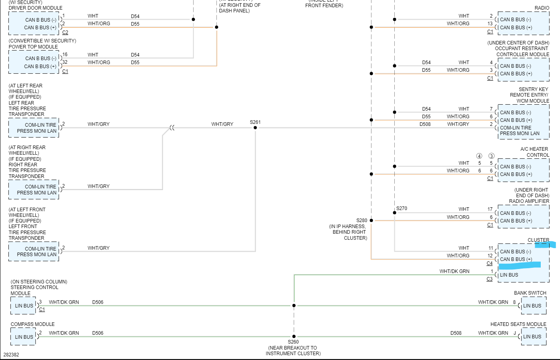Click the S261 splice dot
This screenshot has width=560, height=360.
pyautogui.click(x=255, y=128)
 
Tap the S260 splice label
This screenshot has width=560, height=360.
pyautogui.click(x=293, y=342)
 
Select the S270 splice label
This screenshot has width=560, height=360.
pyautogui.click(x=402, y=208)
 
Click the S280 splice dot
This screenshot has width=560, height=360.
pyautogui.click(x=371, y=220)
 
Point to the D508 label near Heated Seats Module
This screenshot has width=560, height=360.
pyautogui.click(x=456, y=333)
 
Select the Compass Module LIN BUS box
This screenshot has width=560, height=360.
pyautogui.click(x=24, y=337)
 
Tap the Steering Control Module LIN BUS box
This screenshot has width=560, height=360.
pyautogui.click(x=24, y=306)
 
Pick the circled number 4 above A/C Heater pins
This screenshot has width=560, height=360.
pyautogui.click(x=479, y=156)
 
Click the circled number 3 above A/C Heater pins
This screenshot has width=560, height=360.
pyautogui.click(x=491, y=156)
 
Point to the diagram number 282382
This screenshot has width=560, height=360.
pyautogui.click(x=11, y=355)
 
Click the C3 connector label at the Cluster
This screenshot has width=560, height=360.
pyautogui.click(x=489, y=279)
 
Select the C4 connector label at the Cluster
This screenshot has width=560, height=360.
pyautogui.click(x=489, y=263)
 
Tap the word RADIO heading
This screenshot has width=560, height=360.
pyautogui.click(x=542, y=8)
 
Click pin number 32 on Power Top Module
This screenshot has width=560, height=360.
pyautogui.click(x=65, y=62)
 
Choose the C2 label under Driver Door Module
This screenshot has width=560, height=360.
pyautogui.click(x=65, y=32)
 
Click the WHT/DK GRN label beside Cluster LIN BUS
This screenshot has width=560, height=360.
pyautogui.click(x=454, y=271)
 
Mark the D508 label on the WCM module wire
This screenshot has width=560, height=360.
pyautogui.click(x=425, y=124)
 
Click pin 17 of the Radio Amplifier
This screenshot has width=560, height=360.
pyautogui.click(x=490, y=209)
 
